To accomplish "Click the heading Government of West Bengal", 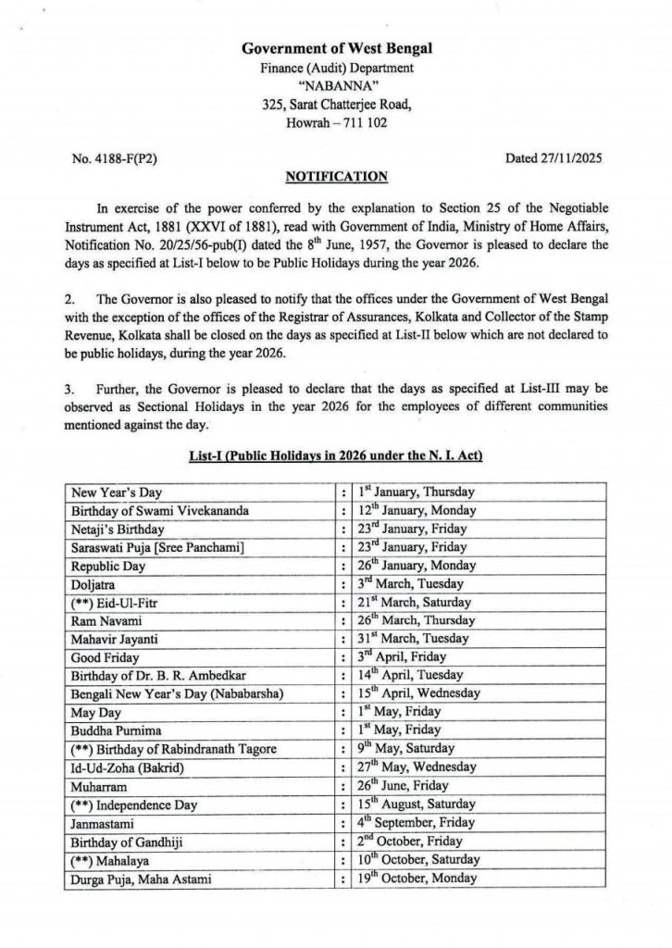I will pyautogui.click(x=337, y=48).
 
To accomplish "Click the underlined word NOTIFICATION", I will pyautogui.click(x=336, y=177).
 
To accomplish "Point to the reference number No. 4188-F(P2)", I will pyautogui.click(x=114, y=158).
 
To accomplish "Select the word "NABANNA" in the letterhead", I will pyautogui.click(x=336, y=86).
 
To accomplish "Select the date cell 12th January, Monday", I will pyautogui.click(x=417, y=511).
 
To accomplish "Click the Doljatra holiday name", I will pyautogui.click(x=94, y=584).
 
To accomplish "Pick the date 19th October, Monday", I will pyautogui.click(x=417, y=878).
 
